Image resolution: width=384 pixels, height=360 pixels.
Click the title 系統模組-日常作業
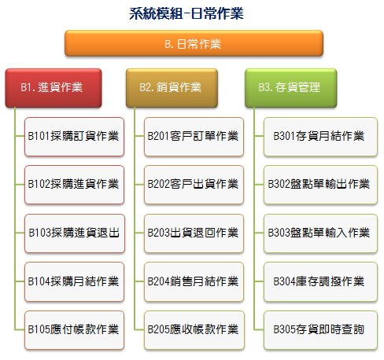click(186, 13)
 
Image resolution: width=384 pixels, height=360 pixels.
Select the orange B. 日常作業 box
click(194, 43)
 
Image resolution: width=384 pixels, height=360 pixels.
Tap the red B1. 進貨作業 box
click(54, 88)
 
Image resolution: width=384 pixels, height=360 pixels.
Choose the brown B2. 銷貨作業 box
click(172, 88)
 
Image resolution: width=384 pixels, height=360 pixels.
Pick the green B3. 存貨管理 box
click(291, 88)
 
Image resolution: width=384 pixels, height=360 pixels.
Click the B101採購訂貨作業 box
click(74, 137)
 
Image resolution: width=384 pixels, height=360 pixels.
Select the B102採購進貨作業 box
click(74, 185)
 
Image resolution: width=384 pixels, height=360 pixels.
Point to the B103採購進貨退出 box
click(75, 233)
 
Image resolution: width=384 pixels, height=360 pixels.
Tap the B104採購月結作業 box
click(74, 281)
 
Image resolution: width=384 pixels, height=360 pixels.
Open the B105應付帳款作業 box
click(74, 330)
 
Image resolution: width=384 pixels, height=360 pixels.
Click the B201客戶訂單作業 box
click(194, 137)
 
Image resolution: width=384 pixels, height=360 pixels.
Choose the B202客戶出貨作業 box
click(194, 185)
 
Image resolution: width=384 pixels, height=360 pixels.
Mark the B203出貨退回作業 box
click(194, 233)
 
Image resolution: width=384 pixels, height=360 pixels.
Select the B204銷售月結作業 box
click(194, 281)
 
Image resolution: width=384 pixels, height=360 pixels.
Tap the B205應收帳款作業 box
click(194, 330)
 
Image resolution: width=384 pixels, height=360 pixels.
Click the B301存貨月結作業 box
click(320, 137)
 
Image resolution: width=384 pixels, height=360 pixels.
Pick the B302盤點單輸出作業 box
click(320, 185)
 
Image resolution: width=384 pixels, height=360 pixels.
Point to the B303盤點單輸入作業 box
click(320, 233)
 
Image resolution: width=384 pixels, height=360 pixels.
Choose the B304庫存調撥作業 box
click(320, 281)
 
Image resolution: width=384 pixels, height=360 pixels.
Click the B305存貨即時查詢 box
click(320, 330)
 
